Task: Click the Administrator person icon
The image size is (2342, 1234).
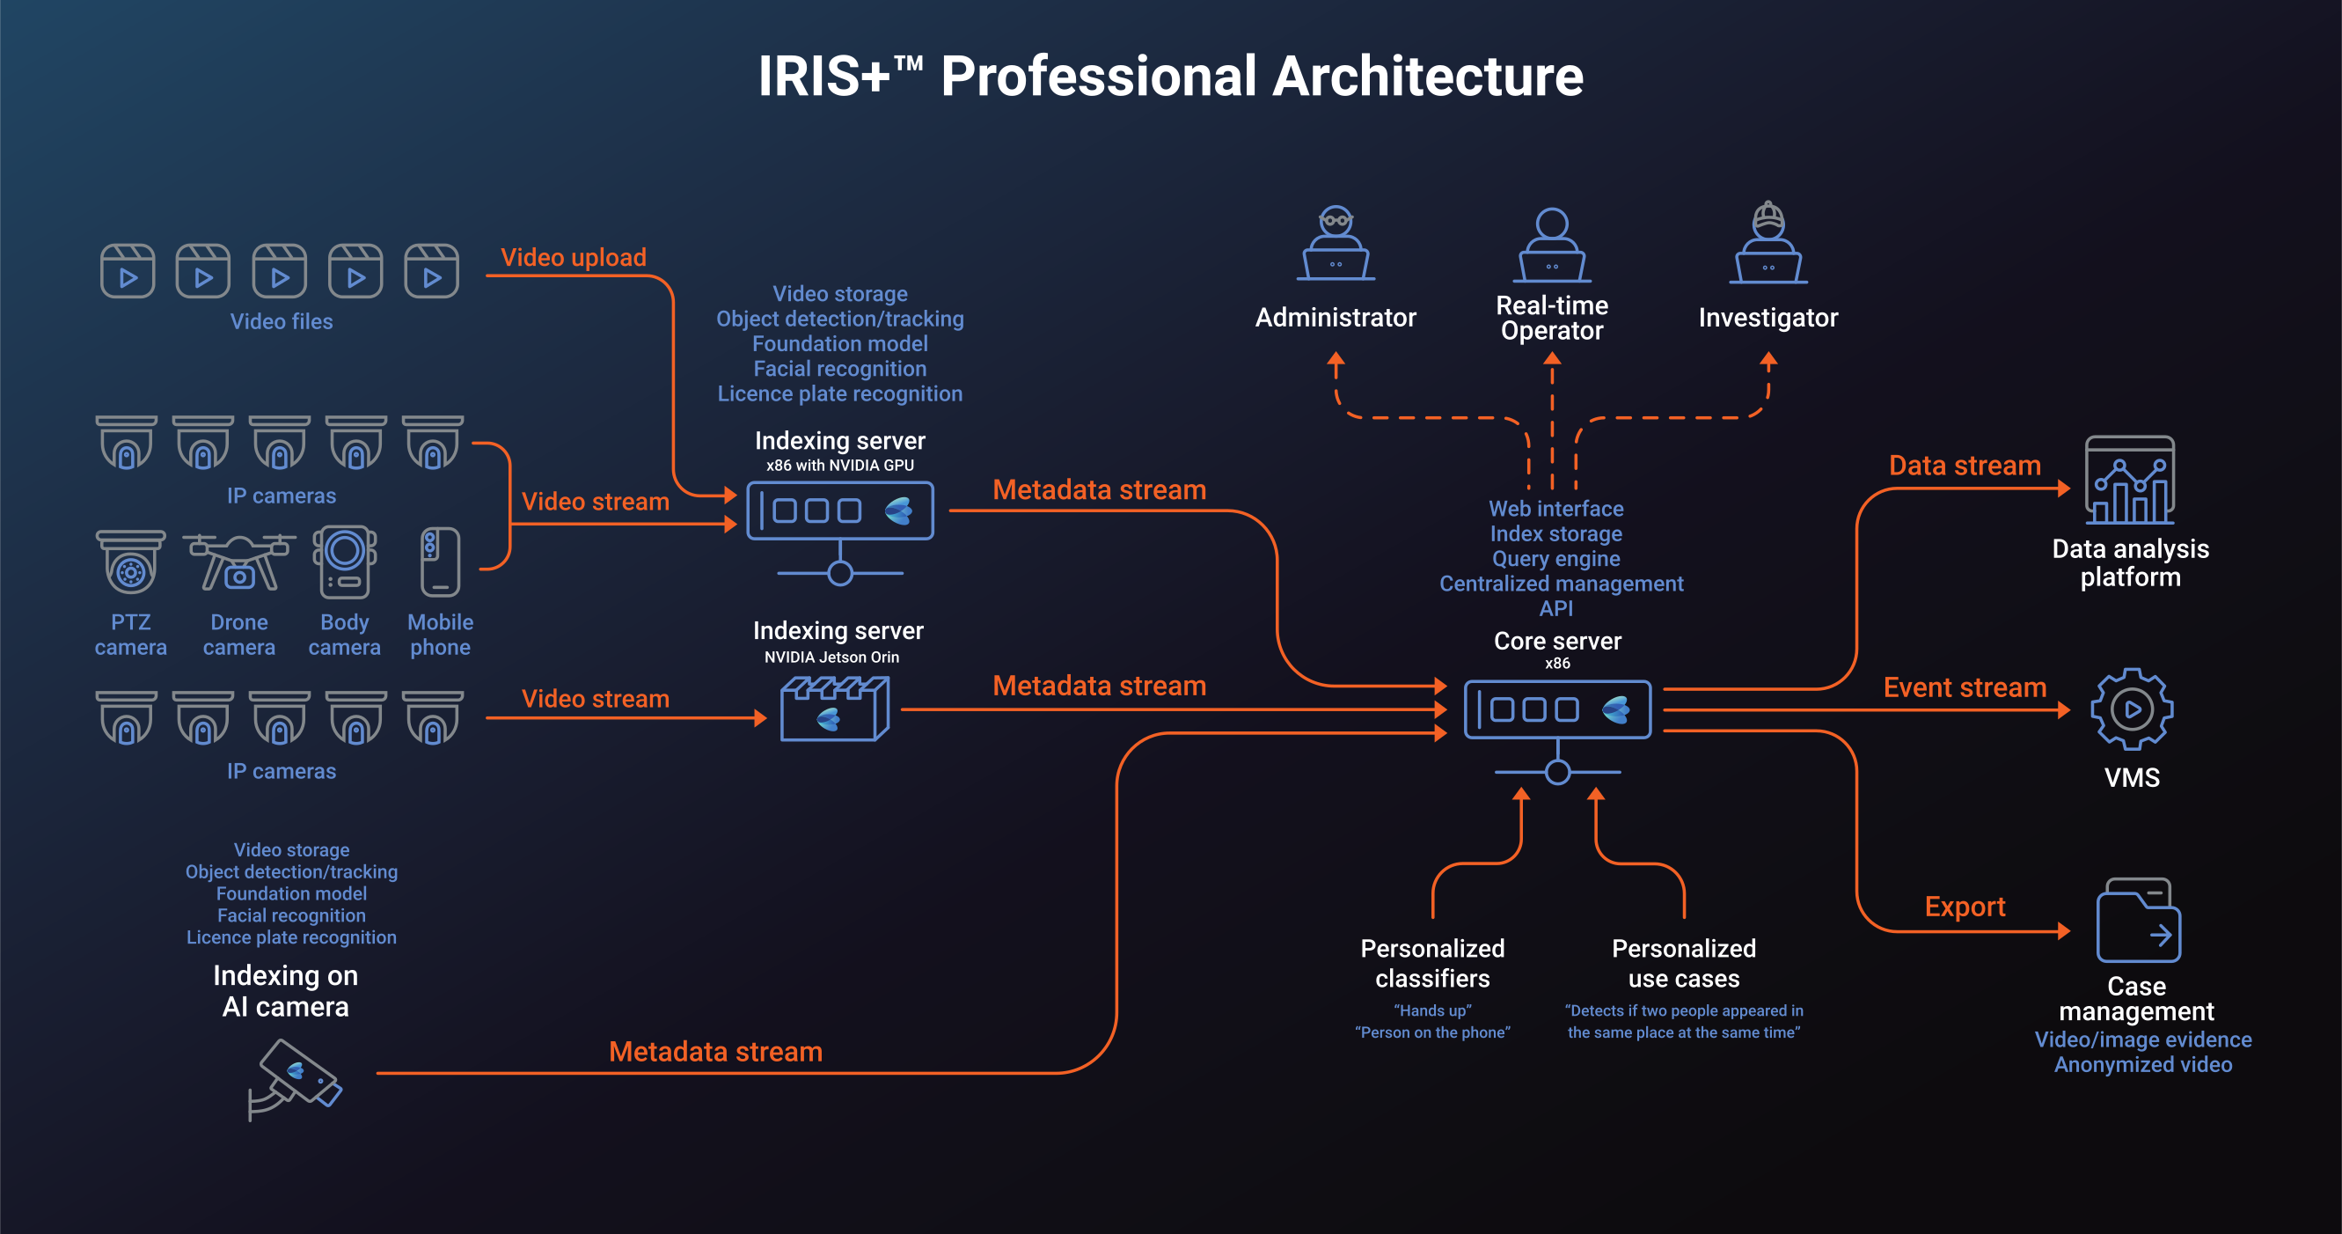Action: (1336, 244)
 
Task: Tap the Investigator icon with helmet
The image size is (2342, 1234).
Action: (1767, 244)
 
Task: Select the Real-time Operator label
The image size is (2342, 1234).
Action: (1552, 319)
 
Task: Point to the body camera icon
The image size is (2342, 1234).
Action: (345, 561)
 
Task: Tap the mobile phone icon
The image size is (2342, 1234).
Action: (440, 561)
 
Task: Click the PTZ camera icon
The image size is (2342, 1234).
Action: (130, 561)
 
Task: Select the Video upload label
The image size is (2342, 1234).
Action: (573, 257)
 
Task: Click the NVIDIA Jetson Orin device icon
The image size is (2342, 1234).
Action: (834, 709)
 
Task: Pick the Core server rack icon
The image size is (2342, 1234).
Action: (1556, 709)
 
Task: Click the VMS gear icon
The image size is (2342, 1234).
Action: (2131, 709)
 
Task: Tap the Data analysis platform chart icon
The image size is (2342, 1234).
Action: (2129, 481)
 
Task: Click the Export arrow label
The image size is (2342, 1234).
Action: (1964, 907)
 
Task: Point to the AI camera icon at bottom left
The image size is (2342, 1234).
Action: (295, 1078)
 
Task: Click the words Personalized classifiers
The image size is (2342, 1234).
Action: (1432, 963)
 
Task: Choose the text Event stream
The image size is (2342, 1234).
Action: (1964, 687)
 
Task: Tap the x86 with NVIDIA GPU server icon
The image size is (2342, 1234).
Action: (839, 511)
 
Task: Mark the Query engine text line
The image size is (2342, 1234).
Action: (1555, 558)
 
